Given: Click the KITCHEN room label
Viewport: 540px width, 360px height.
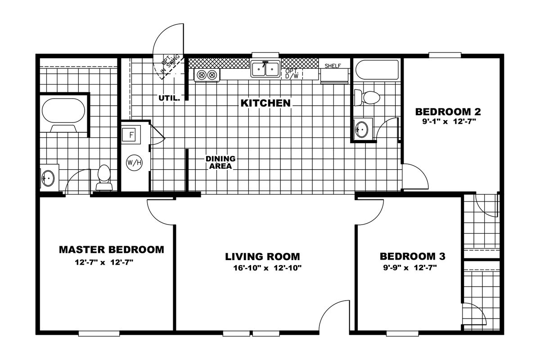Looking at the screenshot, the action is pyautogui.click(x=265, y=103).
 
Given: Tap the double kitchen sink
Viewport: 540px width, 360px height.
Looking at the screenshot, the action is pyautogui.click(x=265, y=69).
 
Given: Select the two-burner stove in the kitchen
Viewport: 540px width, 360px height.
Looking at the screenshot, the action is pyautogui.click(x=207, y=75).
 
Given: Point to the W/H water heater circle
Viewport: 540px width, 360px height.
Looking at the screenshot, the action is pyautogui.click(x=134, y=163).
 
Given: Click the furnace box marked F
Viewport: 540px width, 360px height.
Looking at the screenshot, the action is pyautogui.click(x=130, y=135).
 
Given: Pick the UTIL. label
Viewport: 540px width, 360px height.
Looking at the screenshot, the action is pyautogui.click(x=169, y=98).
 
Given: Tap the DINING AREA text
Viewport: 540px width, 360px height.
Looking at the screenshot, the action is pyautogui.click(x=220, y=162).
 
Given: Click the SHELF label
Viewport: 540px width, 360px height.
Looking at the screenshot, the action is pyautogui.click(x=333, y=66).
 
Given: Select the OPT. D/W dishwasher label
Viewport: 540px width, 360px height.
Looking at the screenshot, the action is pyautogui.click(x=292, y=74).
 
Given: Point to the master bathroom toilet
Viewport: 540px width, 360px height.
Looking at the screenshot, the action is pyautogui.click(x=104, y=177).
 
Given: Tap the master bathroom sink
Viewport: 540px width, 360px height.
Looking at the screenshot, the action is pyautogui.click(x=48, y=178).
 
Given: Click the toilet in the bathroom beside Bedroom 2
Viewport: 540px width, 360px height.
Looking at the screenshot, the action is pyautogui.click(x=367, y=97).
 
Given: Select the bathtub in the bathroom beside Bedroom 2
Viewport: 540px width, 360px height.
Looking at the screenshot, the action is pyautogui.click(x=377, y=70).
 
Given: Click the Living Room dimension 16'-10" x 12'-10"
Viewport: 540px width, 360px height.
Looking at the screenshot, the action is pyautogui.click(x=267, y=268).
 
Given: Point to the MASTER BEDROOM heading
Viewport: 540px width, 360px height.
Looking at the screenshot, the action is pyautogui.click(x=112, y=250).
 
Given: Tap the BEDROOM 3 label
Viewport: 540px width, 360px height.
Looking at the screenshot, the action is pyautogui.click(x=413, y=256).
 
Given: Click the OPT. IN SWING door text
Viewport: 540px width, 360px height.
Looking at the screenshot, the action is pyautogui.click(x=171, y=63).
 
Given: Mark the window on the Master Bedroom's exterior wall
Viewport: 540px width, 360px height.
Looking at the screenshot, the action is pyautogui.click(x=99, y=333).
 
